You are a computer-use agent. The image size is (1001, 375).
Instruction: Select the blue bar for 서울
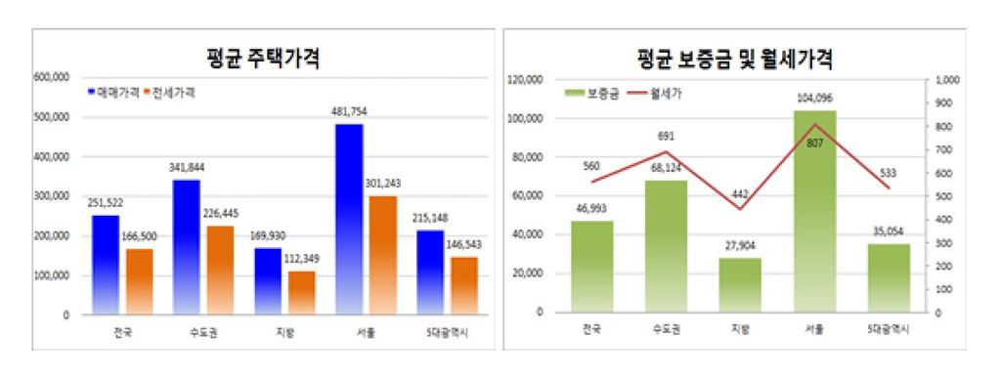point(350,220)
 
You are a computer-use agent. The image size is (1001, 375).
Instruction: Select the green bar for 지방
point(740,285)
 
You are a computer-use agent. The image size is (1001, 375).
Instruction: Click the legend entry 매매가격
point(115,93)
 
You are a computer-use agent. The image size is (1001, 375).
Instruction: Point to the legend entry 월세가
point(665,94)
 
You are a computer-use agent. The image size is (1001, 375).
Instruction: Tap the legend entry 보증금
point(597,94)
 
